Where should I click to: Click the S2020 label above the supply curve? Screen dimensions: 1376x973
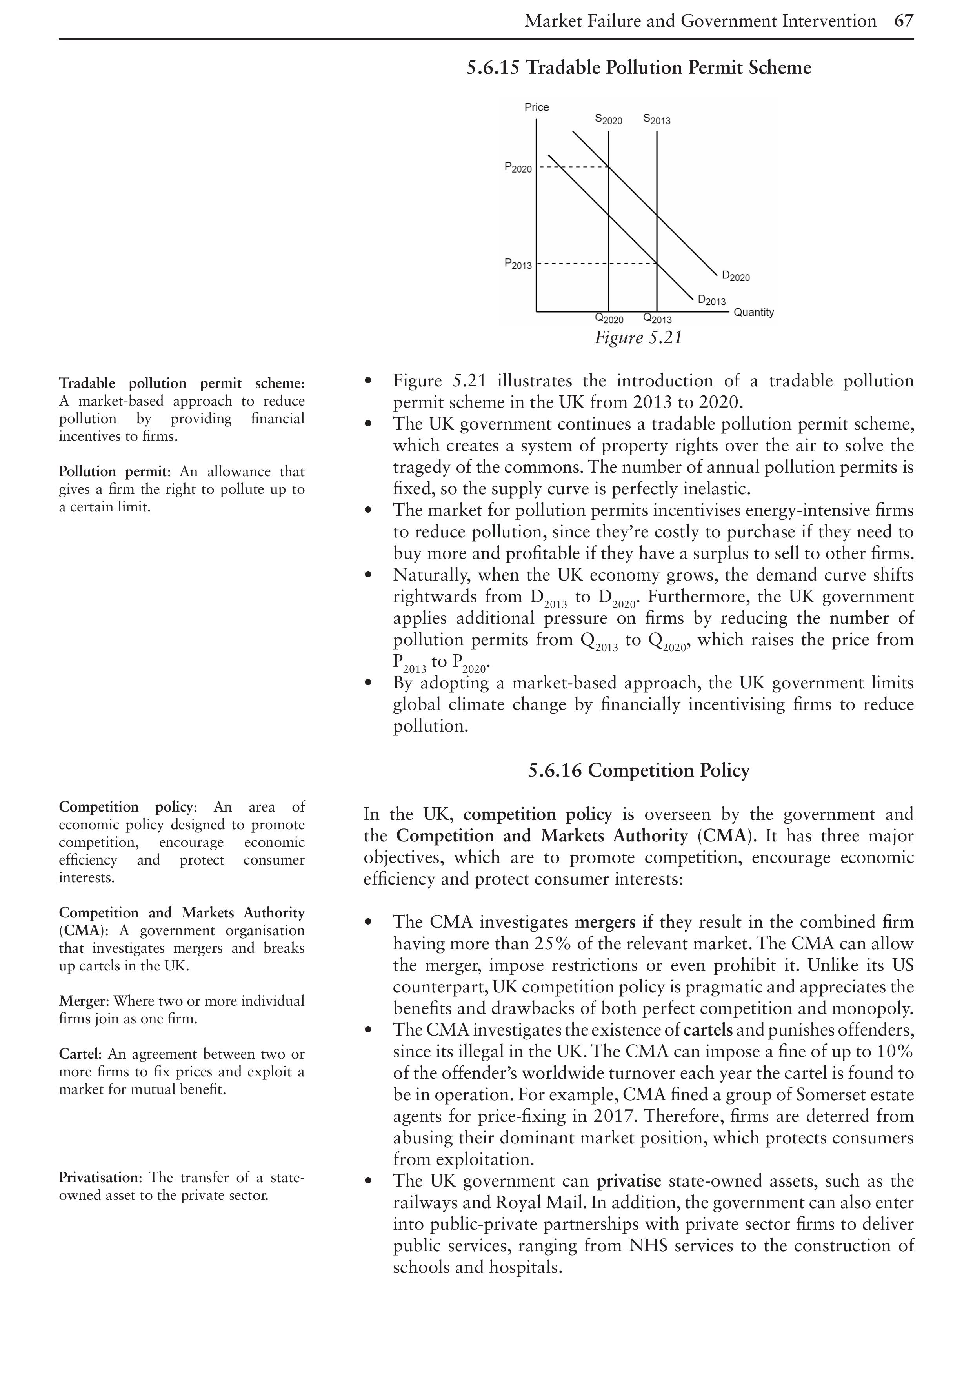pos(608,120)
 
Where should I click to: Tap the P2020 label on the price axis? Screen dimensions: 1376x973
pos(518,168)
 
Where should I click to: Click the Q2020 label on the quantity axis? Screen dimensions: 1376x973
pos(609,319)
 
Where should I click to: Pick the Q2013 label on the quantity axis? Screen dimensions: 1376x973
pos(657,319)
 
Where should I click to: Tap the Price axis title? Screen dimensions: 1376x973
pos(536,107)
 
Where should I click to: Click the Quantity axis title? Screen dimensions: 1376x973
pos(754,312)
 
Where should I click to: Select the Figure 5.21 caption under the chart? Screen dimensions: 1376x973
pos(638,338)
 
